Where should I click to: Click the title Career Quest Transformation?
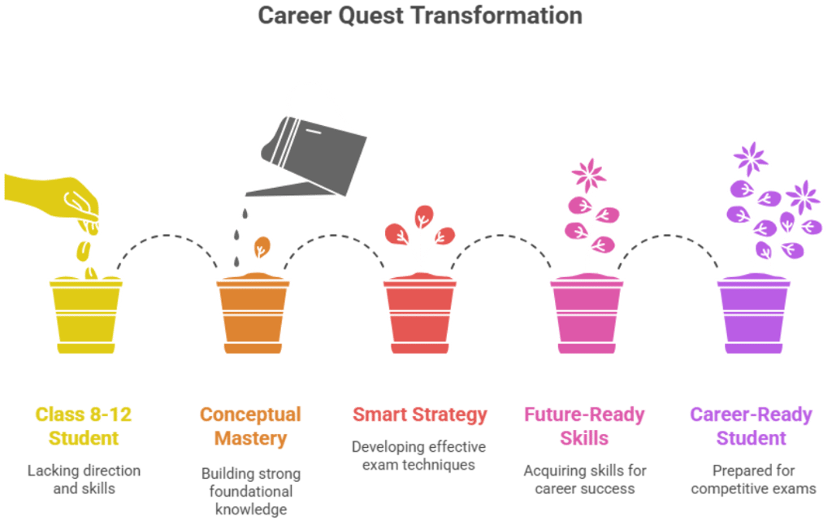(x=420, y=15)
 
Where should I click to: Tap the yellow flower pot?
(x=85, y=313)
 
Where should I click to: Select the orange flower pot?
(x=252, y=313)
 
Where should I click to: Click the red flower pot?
(x=419, y=313)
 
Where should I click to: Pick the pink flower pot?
(x=587, y=313)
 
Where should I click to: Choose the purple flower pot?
(x=754, y=313)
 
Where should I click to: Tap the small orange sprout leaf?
(x=261, y=245)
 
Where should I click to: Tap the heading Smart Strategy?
(x=419, y=414)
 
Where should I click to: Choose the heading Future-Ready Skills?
(x=584, y=427)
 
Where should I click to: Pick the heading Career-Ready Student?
(x=751, y=427)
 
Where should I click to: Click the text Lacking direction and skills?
(x=84, y=479)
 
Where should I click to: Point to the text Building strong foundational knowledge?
(x=250, y=491)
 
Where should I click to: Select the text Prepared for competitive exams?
(x=753, y=479)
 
